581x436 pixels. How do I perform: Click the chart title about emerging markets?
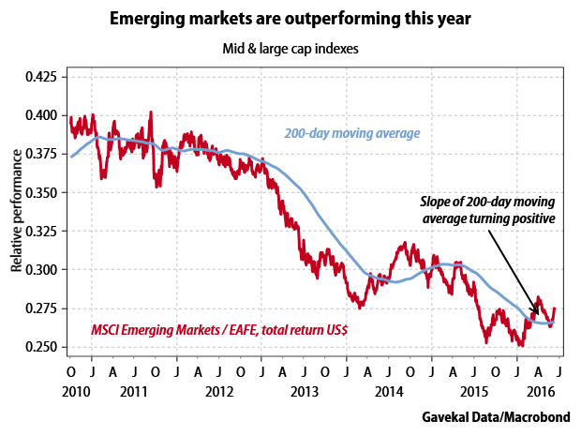pyautogui.click(x=290, y=19)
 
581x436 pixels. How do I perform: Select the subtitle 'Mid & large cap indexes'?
pyautogui.click(x=290, y=49)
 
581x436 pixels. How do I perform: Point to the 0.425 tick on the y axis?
pyautogui.click(x=41, y=77)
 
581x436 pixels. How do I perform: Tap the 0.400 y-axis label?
pyautogui.click(x=41, y=115)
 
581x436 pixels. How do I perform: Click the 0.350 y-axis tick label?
pyautogui.click(x=41, y=193)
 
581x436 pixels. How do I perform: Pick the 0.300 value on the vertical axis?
pyautogui.click(x=41, y=269)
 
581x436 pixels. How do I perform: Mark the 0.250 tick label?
pyautogui.click(x=41, y=347)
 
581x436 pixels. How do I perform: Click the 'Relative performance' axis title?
pyautogui.click(x=16, y=211)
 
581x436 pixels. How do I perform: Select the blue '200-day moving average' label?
pyautogui.click(x=352, y=133)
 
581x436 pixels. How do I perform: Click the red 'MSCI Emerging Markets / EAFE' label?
pyautogui.click(x=219, y=330)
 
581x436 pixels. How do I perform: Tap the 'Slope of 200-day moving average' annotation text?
pyautogui.click(x=488, y=210)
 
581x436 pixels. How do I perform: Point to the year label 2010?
pyautogui.click(x=76, y=392)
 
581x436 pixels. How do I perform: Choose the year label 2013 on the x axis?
pyautogui.click(x=305, y=392)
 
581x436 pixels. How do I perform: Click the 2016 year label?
pyautogui.click(x=541, y=392)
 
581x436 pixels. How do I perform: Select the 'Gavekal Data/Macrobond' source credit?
pyautogui.click(x=496, y=417)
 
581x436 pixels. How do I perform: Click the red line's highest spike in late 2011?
pyautogui.click(x=151, y=112)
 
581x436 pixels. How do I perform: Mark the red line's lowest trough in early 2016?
pyautogui.click(x=521, y=345)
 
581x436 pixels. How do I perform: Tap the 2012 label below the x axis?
pyautogui.click(x=219, y=392)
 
